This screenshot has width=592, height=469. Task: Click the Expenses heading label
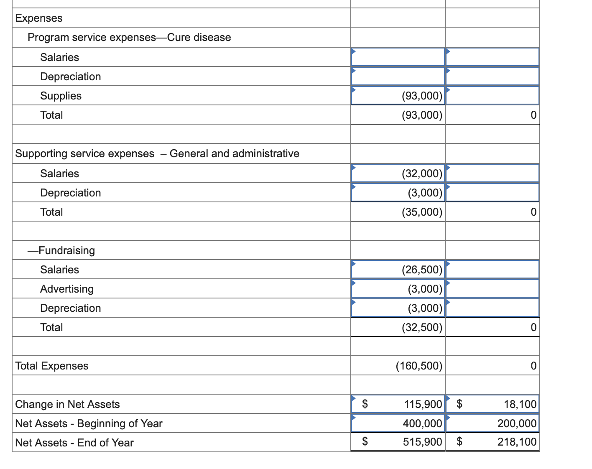(x=39, y=18)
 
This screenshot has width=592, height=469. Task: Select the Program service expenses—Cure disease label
(x=129, y=37)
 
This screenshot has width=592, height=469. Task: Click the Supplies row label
(x=61, y=96)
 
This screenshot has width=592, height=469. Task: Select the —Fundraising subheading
(x=61, y=250)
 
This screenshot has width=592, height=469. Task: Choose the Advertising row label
(x=67, y=289)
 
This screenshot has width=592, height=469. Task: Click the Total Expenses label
(x=52, y=366)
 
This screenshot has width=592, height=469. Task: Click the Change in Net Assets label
(x=67, y=404)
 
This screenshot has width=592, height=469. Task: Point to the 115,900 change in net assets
(x=423, y=404)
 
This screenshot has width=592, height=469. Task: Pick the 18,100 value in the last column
(x=520, y=404)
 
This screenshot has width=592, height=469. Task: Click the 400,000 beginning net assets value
(x=422, y=423)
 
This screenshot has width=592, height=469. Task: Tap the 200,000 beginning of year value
(x=517, y=423)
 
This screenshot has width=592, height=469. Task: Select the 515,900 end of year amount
(x=422, y=442)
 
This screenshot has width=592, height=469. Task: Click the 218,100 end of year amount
(x=517, y=442)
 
